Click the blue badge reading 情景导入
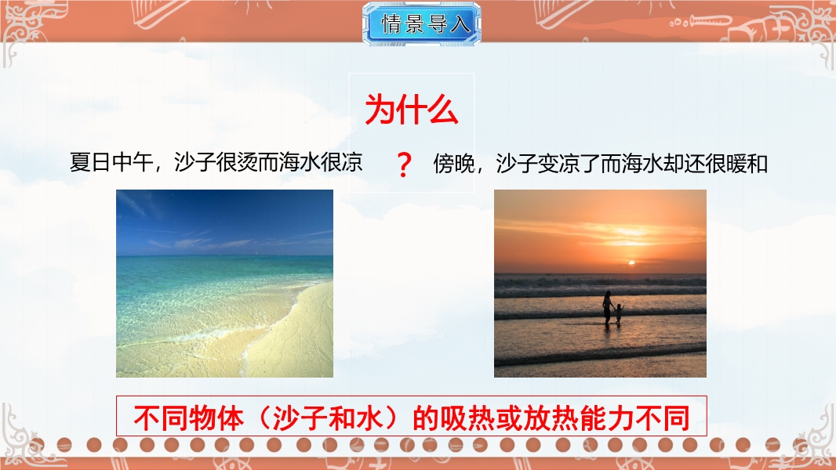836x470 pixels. (421, 23)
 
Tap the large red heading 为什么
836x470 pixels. (412, 110)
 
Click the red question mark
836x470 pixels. (404, 164)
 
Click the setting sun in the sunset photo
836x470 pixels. (631, 262)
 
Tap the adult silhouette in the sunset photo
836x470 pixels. (607, 308)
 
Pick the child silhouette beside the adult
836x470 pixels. (619, 313)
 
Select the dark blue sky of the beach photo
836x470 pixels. (224, 213)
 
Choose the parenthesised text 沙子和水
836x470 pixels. (328, 418)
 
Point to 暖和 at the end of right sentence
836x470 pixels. (747, 163)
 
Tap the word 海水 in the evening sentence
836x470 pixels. (642, 163)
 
